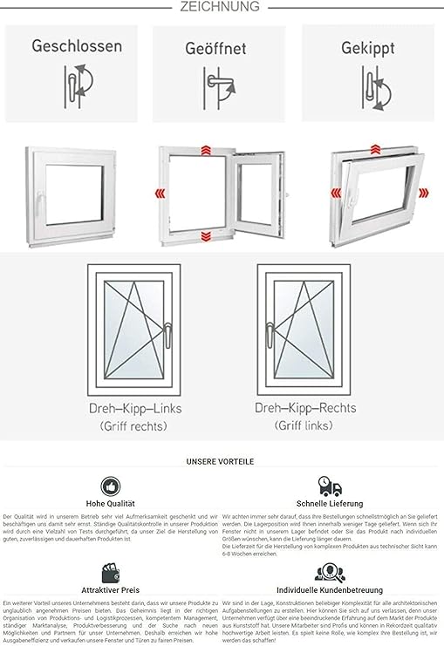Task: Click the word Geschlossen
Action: click(77, 46)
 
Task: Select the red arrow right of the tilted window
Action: click(424, 193)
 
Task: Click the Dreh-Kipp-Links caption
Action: click(134, 408)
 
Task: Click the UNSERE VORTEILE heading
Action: click(222, 461)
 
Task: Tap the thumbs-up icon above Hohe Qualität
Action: click(111, 486)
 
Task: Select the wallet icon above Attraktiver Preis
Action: click(111, 573)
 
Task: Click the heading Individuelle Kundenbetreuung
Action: click(330, 589)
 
